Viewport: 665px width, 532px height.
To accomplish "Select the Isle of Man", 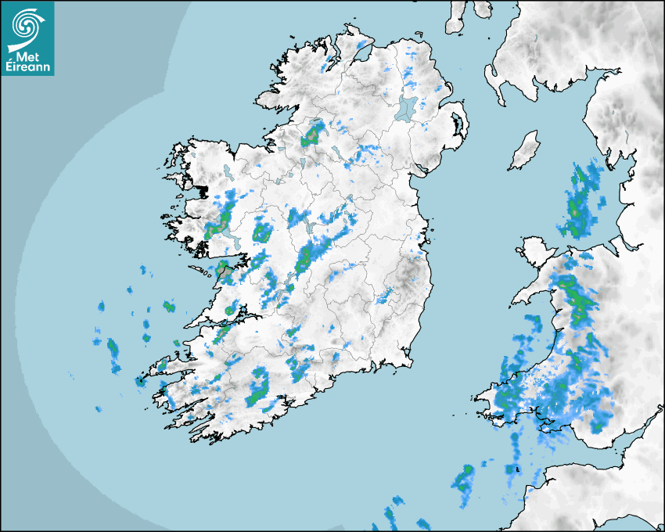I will [525, 151].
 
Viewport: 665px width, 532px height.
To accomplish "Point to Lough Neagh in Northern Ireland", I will [406, 107].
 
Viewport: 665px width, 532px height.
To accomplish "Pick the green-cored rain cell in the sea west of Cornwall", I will [465, 479].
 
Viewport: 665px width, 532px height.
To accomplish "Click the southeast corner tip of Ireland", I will [409, 361].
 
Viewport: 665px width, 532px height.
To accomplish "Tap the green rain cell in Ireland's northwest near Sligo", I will [313, 135].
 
